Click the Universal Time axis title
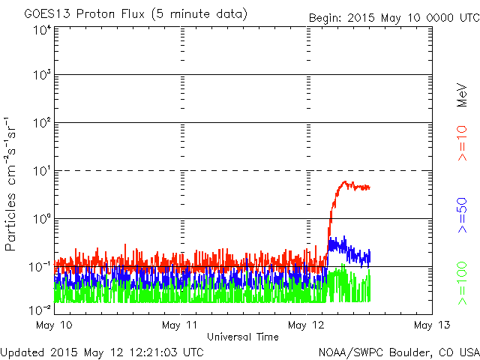pos(243,337)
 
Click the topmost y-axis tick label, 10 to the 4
pos(42,30)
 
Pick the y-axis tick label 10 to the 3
pos(42,76)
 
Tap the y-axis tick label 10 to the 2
pos(42,123)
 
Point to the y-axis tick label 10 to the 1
pos(42,171)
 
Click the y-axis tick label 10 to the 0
pos(42,219)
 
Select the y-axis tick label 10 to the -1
pos(40,267)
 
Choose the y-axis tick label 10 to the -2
pos(40,309)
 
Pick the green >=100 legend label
pos(463,283)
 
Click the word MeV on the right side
pos(463,94)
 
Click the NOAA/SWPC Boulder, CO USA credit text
pos(398,351)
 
